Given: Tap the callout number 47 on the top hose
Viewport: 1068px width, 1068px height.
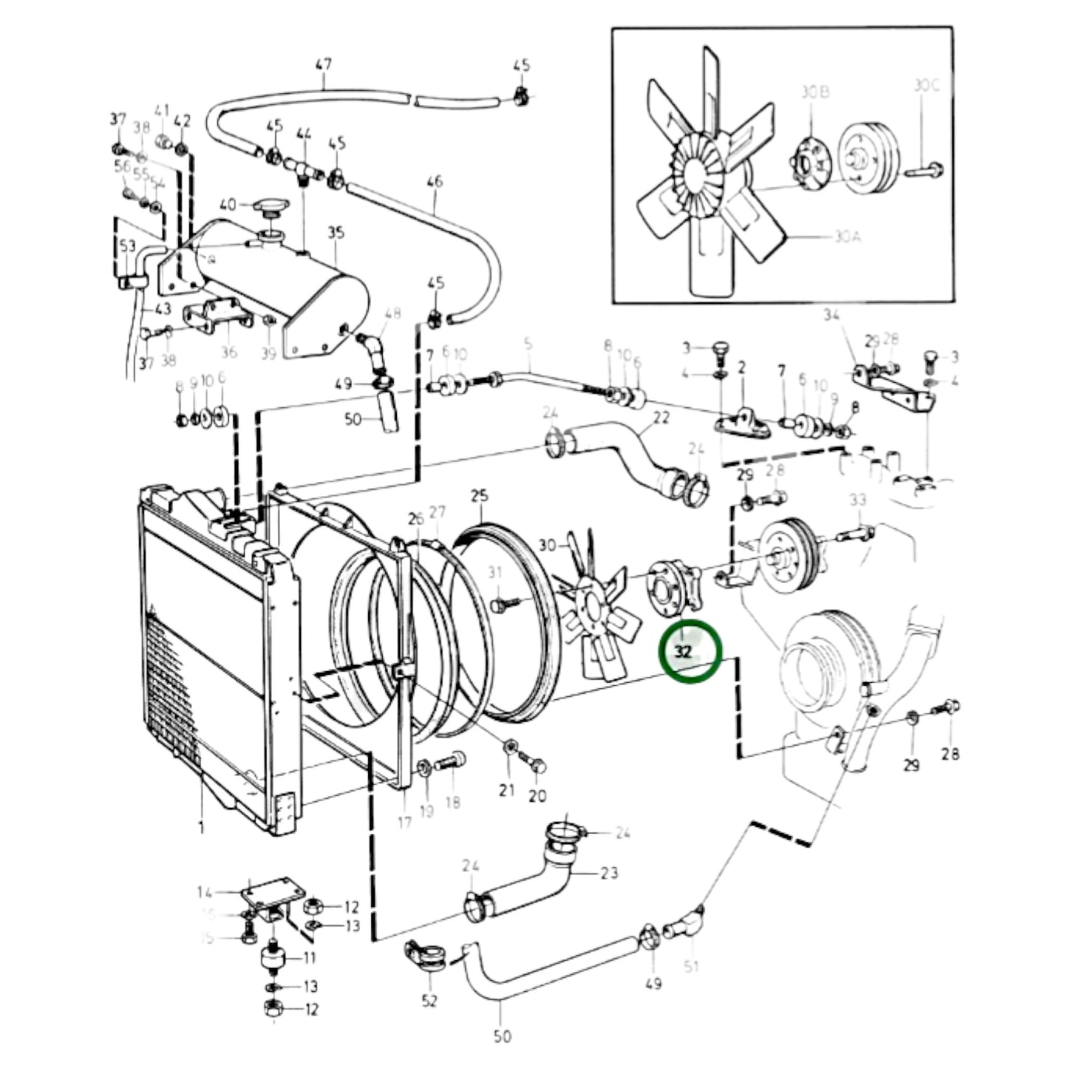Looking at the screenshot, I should coord(324,65).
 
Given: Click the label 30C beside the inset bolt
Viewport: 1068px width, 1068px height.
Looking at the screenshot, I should coord(925,86).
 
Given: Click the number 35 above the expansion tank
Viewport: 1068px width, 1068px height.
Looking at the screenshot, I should coord(336,233).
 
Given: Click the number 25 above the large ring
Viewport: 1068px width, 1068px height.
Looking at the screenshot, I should coord(480,495).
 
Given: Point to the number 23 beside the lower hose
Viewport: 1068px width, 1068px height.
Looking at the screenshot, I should coord(608,873).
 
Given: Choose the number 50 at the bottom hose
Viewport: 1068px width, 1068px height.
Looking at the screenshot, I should coord(502,1037).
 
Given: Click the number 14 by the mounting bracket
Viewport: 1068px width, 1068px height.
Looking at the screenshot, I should coord(205,893).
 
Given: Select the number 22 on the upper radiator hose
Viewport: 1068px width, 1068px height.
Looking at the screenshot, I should coord(660,418).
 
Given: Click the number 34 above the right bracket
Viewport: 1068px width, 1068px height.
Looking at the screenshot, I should coord(831,316).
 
